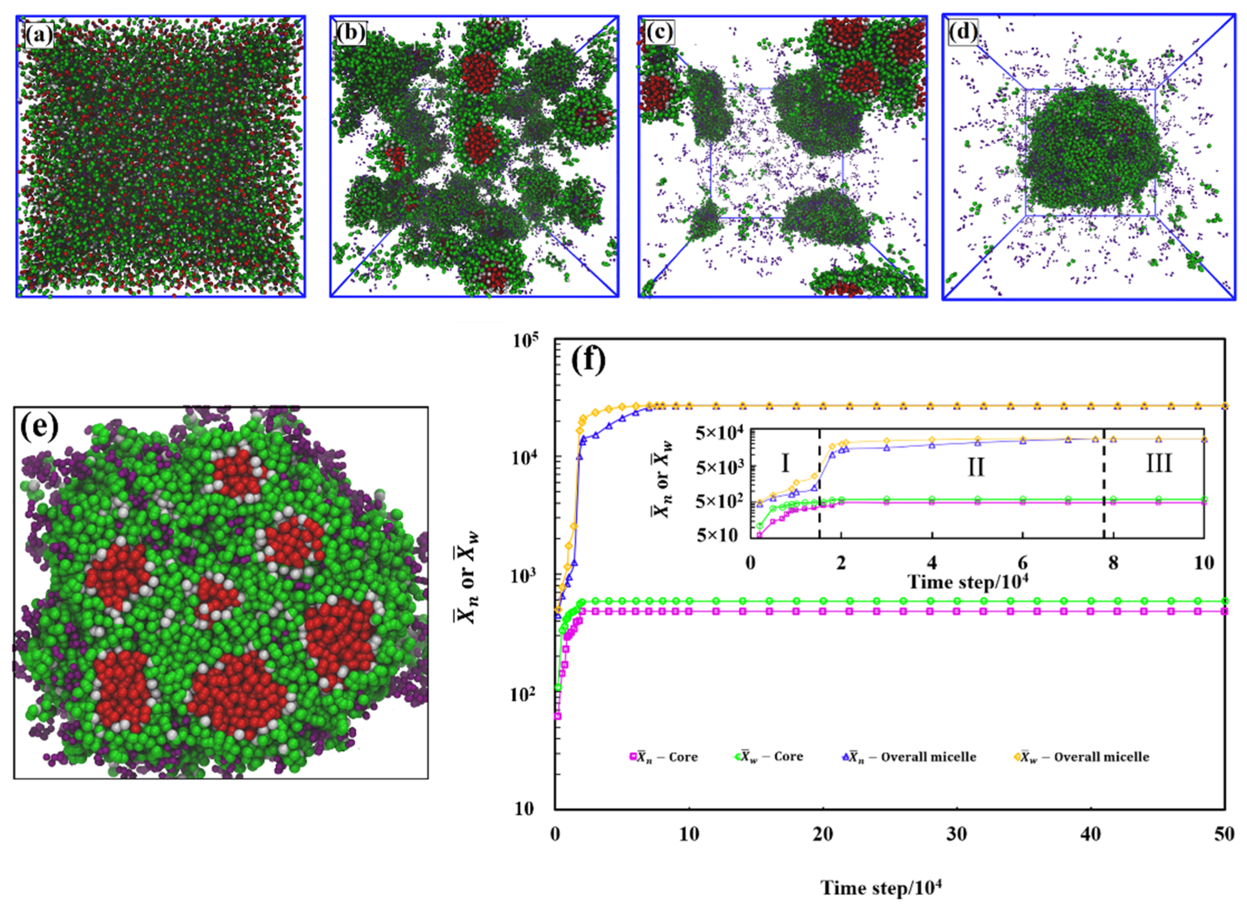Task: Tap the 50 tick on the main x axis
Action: pos(1224,834)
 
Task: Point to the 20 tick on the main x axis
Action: pos(823,834)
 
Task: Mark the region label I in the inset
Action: pos(785,465)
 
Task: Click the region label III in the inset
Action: pos(1159,465)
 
